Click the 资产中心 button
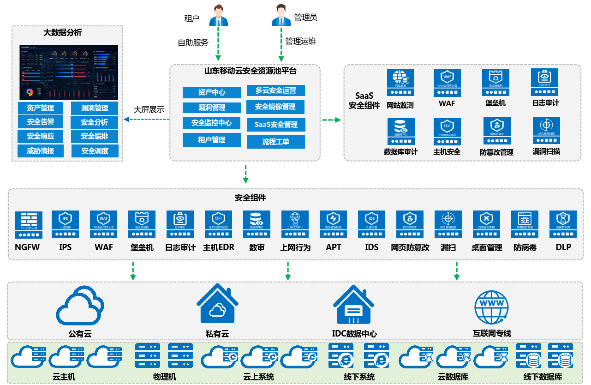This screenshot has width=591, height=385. (x=212, y=92)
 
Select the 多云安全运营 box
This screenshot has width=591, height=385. (x=276, y=90)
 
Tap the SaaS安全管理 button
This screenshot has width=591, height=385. (x=276, y=125)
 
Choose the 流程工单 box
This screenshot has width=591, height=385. (x=276, y=142)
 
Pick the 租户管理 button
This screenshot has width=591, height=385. (x=212, y=140)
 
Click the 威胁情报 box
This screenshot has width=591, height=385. (x=41, y=151)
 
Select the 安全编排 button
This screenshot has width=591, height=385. (x=95, y=137)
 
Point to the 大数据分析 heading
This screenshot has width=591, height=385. (x=62, y=33)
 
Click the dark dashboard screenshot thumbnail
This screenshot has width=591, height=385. (x=69, y=72)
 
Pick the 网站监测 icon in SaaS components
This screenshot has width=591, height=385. (x=400, y=82)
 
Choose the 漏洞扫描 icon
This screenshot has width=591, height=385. (x=546, y=131)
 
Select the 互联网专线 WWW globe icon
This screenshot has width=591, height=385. (x=492, y=307)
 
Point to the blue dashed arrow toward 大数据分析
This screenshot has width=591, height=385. (x=147, y=120)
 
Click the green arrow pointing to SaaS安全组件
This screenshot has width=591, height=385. (x=331, y=120)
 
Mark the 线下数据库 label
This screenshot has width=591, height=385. (x=543, y=377)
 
